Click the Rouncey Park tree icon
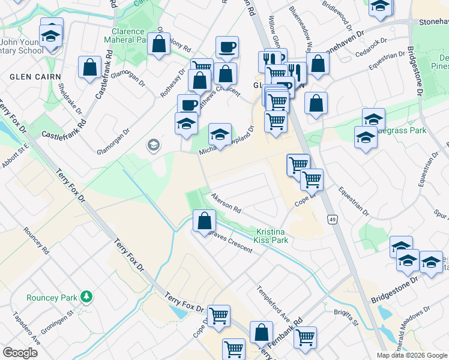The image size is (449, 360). pyautogui.click(x=87, y=296)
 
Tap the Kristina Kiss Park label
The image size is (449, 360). pyautogui.click(x=272, y=236)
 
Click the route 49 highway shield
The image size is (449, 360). pyautogui.click(x=332, y=220)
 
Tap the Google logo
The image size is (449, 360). pyautogui.click(x=20, y=353)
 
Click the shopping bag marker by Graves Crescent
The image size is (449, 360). pyautogui.click(x=204, y=220)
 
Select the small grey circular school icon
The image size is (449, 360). pyautogui.click(x=154, y=145)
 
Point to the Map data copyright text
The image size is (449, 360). pyautogui.click(x=411, y=355)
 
